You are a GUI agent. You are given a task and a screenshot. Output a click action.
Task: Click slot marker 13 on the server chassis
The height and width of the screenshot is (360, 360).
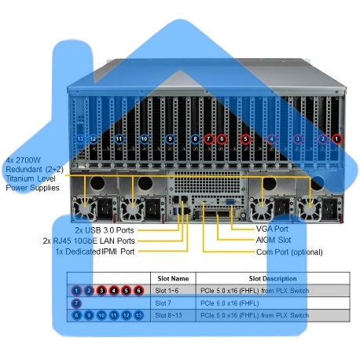[81, 139]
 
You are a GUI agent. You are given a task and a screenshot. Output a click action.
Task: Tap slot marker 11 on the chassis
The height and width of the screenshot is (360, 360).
[119, 139]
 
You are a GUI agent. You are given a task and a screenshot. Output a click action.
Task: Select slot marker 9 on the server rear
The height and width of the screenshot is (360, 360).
[171, 139]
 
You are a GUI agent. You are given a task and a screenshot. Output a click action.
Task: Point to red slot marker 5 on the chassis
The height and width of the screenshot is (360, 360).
[245, 139]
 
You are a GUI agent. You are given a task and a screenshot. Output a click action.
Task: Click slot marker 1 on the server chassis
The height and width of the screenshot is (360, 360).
[338, 139]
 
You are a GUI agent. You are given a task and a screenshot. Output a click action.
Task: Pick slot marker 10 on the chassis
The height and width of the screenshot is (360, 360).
[144, 139]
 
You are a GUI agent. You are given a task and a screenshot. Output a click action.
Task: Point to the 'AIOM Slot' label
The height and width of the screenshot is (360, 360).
[275, 240]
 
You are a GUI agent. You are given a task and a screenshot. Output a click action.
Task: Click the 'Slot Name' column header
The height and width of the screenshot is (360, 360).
[173, 278]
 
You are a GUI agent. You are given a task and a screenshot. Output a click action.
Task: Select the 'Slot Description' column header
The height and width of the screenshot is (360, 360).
[273, 278]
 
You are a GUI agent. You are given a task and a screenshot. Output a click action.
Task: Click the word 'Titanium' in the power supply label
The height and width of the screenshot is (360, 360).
[22, 179]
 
